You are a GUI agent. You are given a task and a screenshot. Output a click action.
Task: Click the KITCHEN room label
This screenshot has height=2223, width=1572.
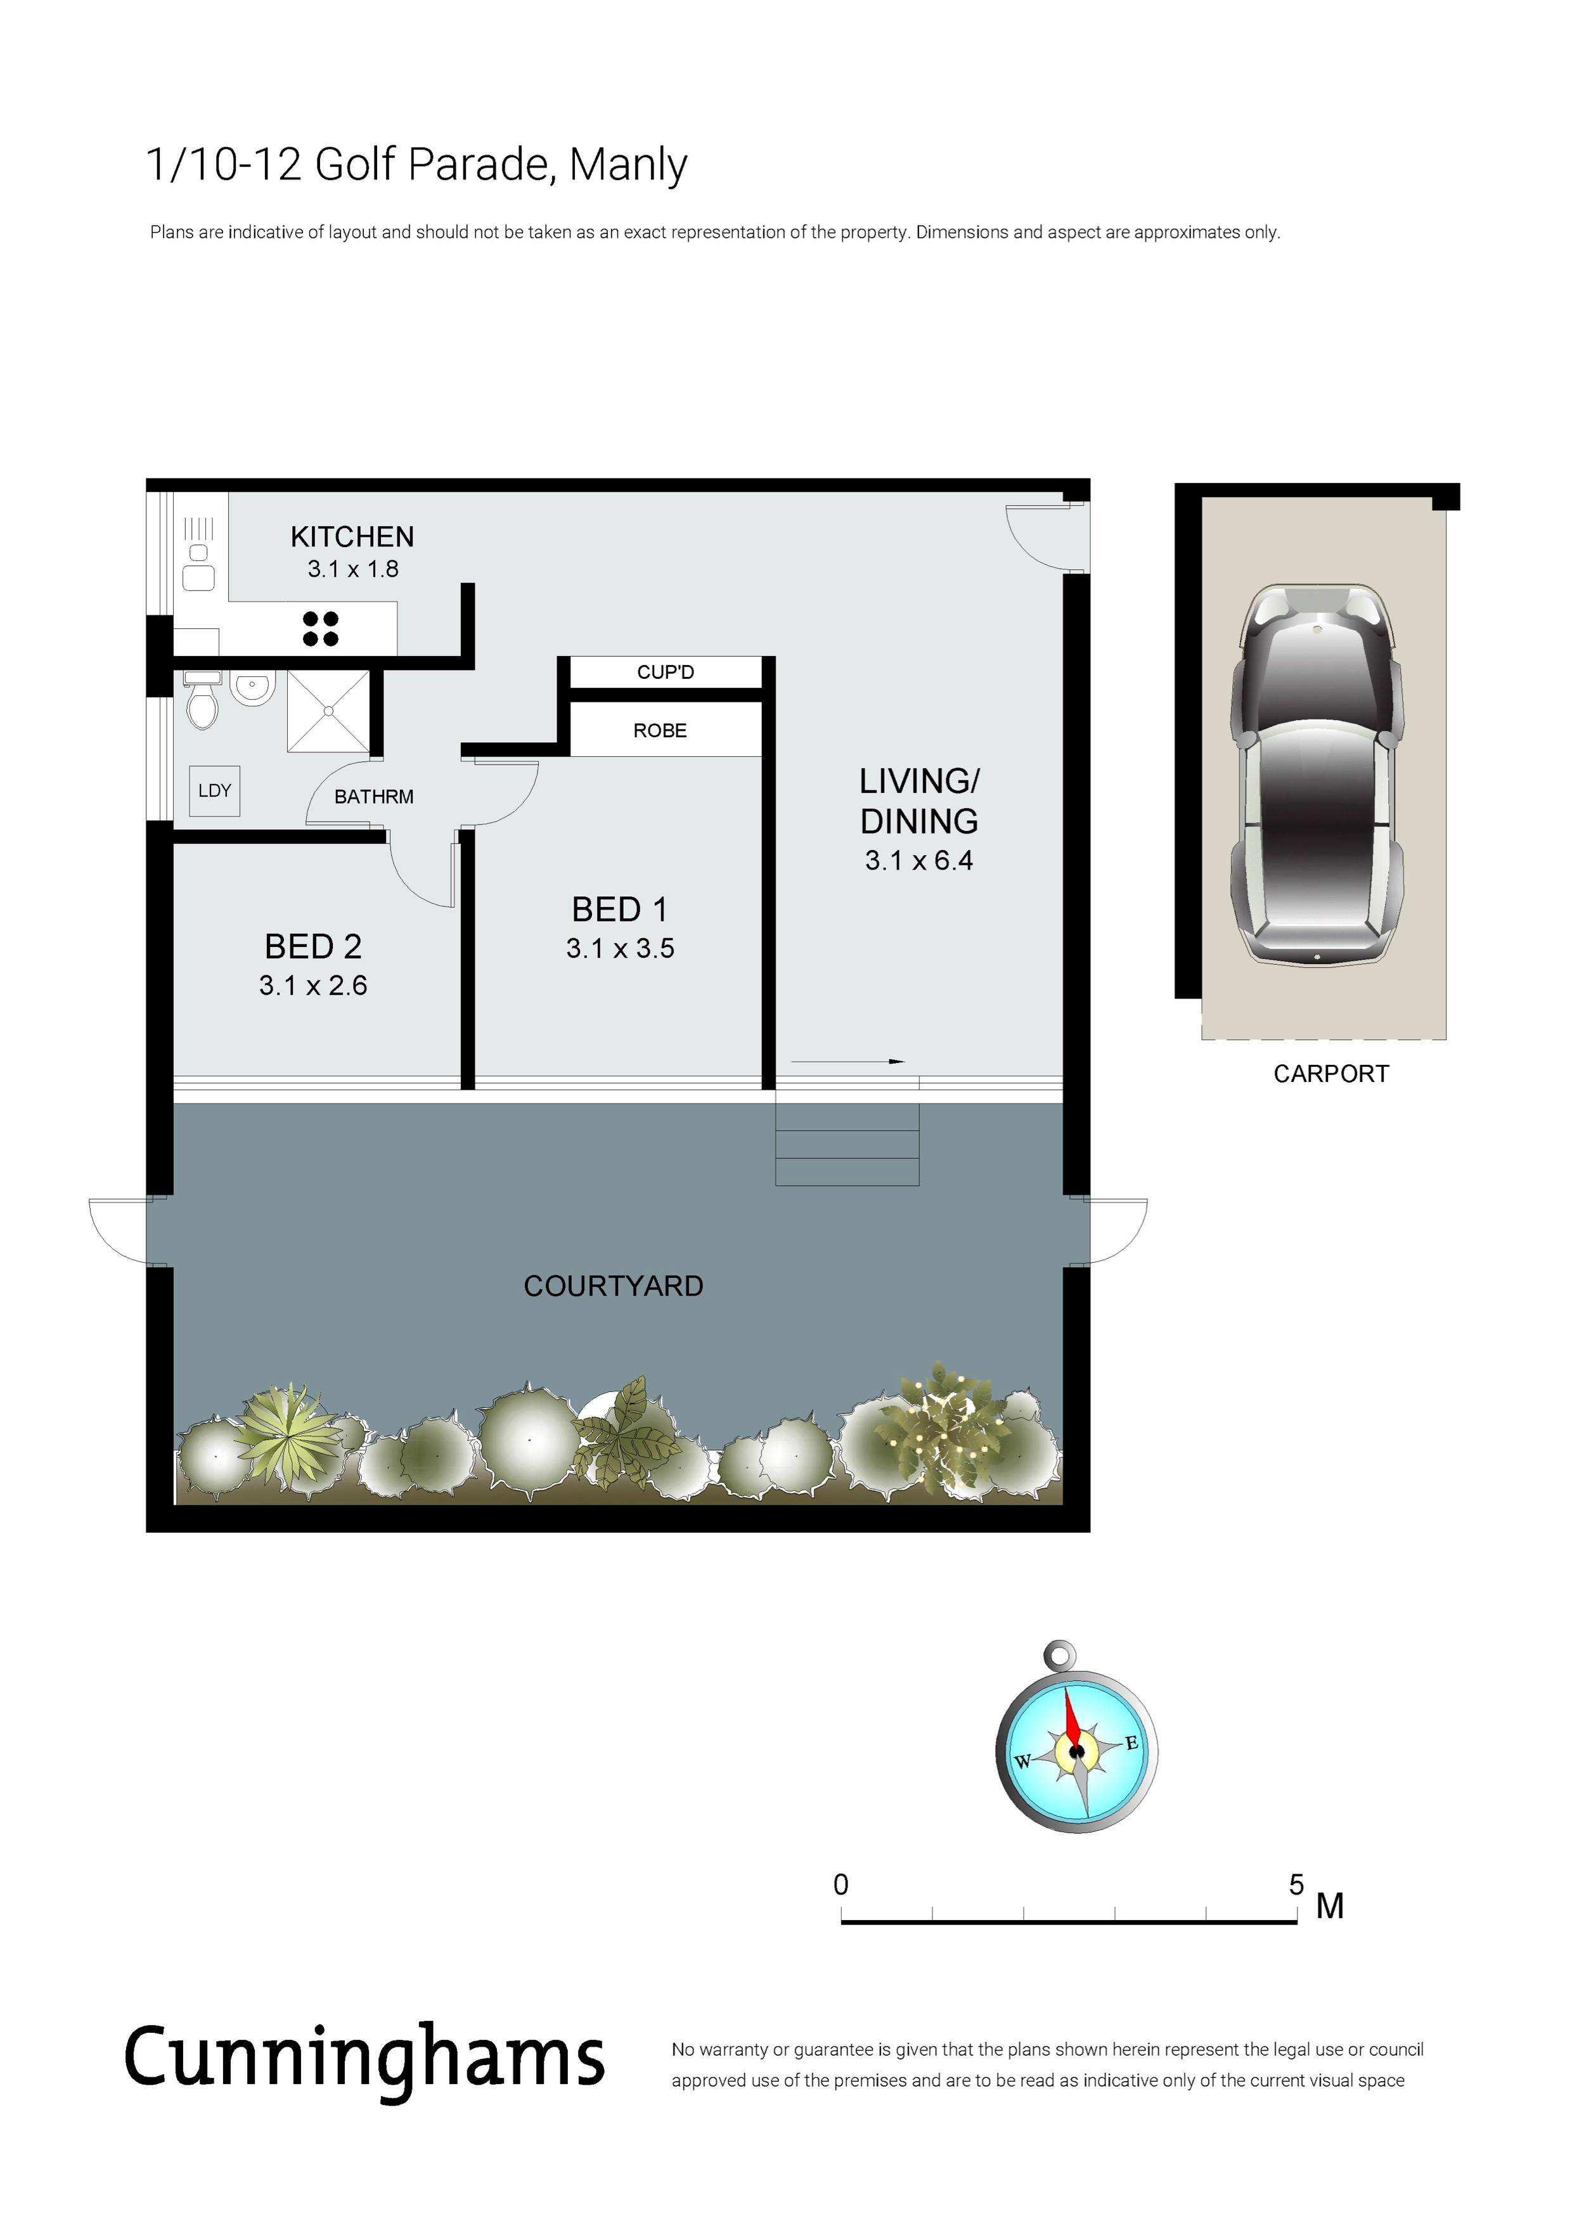pos(352,536)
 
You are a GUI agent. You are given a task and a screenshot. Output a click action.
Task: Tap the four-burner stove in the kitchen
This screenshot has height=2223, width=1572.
pos(320,628)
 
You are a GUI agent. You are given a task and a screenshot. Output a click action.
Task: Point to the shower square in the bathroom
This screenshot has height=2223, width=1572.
pos(328,711)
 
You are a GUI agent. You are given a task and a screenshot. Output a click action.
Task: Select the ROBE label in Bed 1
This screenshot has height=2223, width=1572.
pos(660,731)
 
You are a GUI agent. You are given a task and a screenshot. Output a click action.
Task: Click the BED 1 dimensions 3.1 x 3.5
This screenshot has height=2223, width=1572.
pos(621,949)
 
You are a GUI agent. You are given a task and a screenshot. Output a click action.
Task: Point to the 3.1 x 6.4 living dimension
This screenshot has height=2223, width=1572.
pos(918,861)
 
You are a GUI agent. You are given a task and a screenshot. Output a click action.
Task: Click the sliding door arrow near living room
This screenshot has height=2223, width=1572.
pos(848,1062)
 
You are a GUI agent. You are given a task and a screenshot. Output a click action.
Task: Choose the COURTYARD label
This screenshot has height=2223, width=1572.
pos(614,1285)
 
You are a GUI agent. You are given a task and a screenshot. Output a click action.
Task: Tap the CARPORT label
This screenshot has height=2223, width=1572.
pos(1331,1074)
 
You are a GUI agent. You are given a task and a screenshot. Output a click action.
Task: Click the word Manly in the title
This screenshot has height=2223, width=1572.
pos(628,165)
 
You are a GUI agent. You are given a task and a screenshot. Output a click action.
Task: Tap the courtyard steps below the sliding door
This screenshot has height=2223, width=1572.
pos(847,1144)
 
